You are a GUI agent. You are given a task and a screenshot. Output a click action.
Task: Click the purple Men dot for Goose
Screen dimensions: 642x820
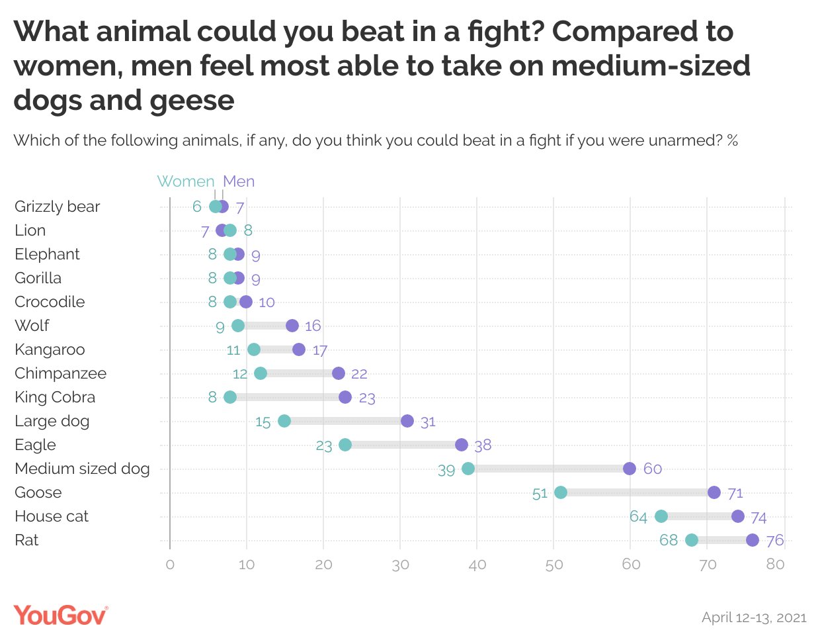714,492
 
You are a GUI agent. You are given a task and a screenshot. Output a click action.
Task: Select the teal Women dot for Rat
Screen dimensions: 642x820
692,540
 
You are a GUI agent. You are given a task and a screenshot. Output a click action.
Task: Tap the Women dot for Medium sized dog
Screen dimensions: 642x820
468,469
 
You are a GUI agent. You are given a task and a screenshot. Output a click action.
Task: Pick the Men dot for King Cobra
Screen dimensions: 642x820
345,397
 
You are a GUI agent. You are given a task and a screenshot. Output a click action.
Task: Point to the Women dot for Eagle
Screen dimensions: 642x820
345,445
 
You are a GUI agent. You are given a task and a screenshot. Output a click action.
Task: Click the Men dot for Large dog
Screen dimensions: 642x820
407,421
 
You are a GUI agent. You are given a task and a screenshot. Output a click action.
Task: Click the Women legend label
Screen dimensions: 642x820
186,181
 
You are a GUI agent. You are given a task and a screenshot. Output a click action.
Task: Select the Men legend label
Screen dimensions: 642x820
239,181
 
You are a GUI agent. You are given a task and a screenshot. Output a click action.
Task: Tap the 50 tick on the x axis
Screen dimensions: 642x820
554,565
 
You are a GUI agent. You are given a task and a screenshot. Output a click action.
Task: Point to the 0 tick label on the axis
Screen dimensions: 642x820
170,565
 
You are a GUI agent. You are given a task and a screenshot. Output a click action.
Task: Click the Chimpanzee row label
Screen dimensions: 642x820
61,373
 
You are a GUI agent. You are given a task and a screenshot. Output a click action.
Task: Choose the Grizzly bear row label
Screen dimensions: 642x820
58,206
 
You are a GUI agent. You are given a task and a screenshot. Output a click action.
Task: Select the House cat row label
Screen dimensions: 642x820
52,516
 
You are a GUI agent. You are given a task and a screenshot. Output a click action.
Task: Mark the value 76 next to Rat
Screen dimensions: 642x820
775,541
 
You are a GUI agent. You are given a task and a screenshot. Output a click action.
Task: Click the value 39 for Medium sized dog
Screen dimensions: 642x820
446,470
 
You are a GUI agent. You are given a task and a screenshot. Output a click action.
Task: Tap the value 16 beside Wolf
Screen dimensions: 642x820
313,326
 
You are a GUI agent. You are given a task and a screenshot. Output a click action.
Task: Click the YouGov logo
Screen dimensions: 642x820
60,615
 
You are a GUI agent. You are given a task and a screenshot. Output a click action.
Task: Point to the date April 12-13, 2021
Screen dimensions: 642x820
754,618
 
